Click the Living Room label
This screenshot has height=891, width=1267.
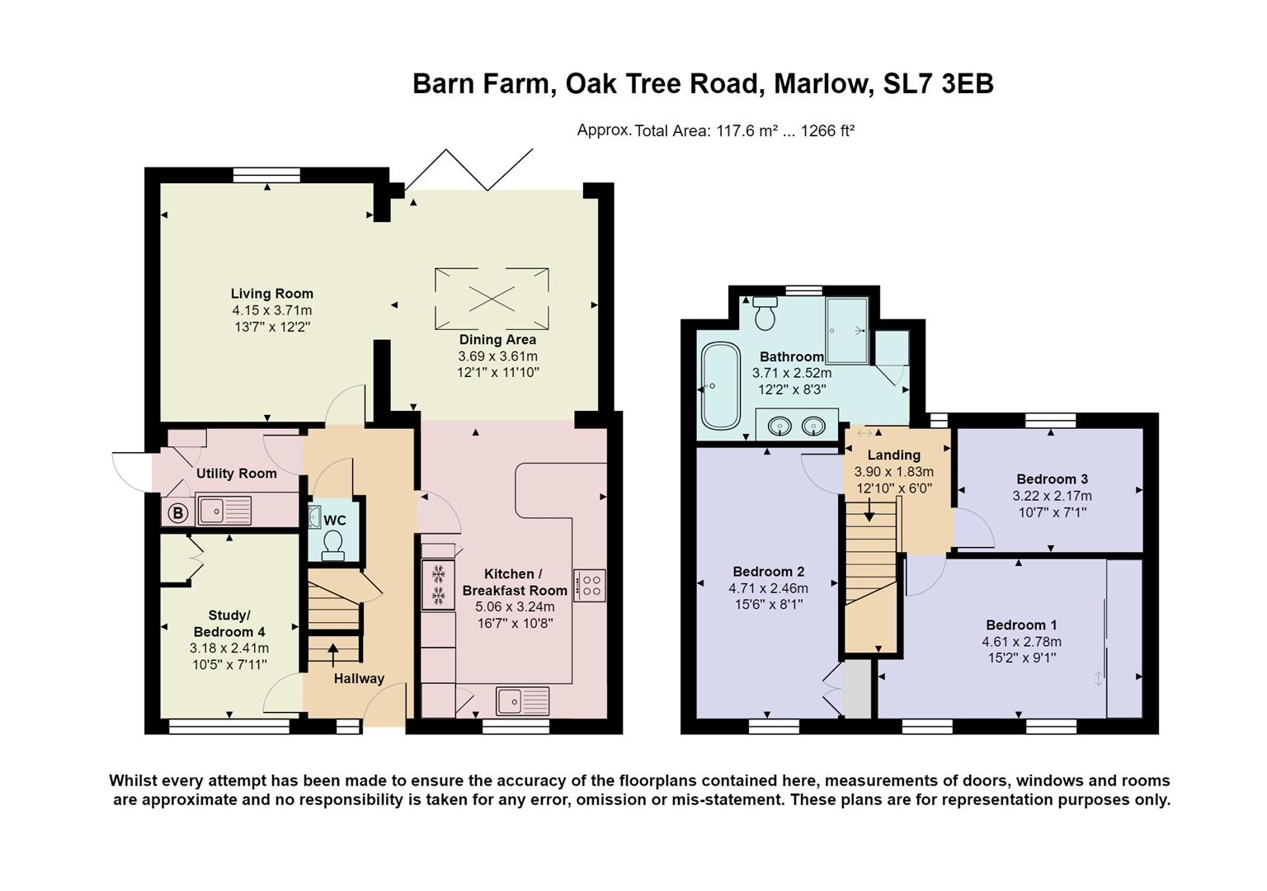click(x=271, y=294)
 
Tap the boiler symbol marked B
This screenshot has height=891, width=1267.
click(x=177, y=512)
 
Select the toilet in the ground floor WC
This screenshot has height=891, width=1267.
click(x=333, y=544)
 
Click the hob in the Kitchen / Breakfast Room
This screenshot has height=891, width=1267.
click(x=591, y=585)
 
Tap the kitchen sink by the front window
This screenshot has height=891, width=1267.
click(x=522, y=700)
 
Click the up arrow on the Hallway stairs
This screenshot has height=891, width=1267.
click(x=333, y=653)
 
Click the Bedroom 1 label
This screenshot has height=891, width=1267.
click(x=1021, y=625)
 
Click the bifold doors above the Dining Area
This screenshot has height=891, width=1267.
click(x=469, y=169)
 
